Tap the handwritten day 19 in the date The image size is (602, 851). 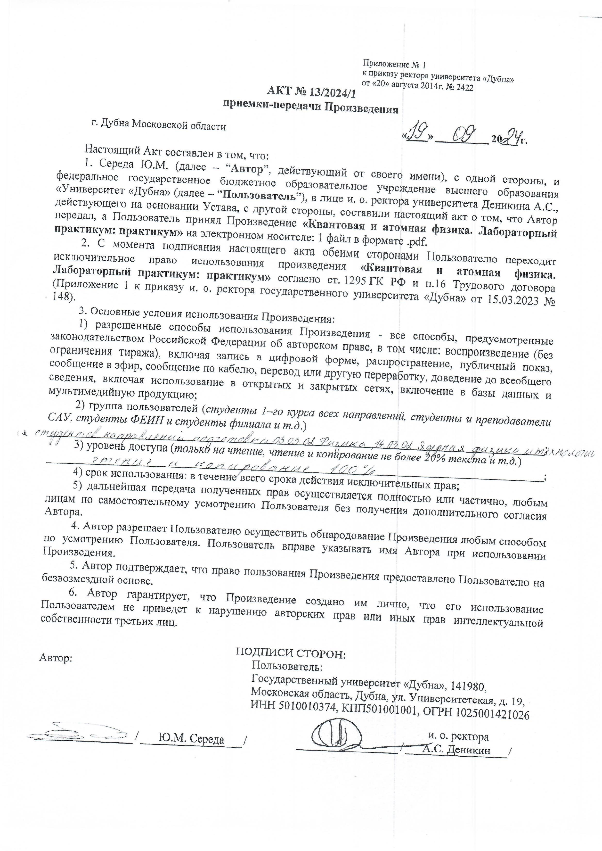(415, 136)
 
